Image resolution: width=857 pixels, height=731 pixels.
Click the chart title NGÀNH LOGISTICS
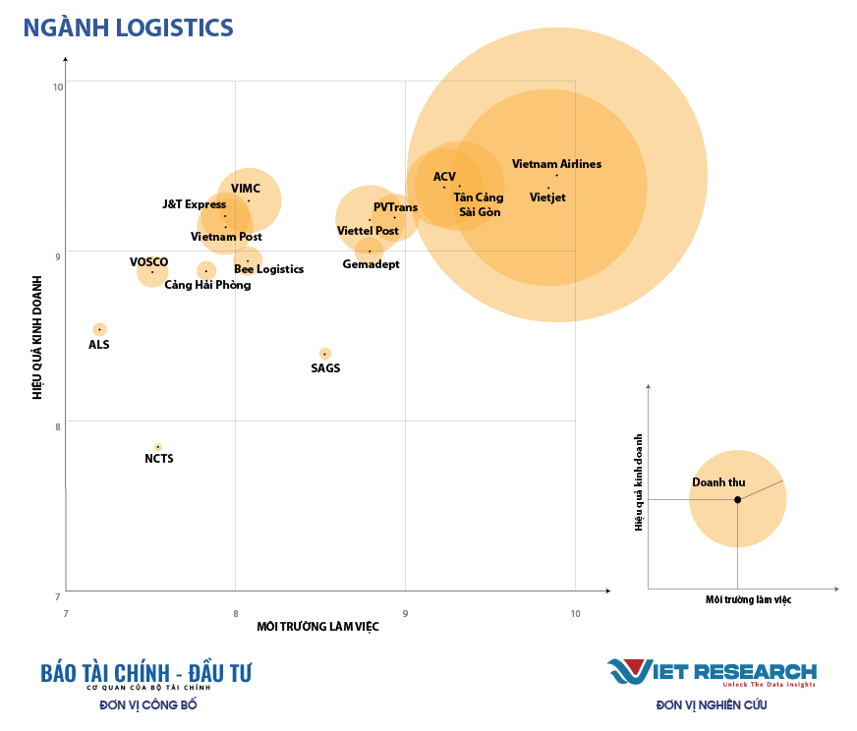128,28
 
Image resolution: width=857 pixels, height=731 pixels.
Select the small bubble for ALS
99,329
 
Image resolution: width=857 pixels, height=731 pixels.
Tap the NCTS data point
157,447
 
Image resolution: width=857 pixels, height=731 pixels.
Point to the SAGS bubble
325,354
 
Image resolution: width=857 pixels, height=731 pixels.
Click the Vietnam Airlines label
556,164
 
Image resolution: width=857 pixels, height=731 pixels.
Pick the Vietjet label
547,197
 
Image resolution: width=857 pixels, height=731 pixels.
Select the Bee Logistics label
268,269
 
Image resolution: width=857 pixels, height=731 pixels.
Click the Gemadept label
371,264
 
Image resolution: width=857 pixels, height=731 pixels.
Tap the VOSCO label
149,262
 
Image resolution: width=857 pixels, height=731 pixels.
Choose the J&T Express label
195,204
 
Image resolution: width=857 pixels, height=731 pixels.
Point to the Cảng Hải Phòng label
207,285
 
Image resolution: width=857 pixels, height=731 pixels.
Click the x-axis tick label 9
406,614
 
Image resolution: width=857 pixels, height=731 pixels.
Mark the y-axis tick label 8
58,426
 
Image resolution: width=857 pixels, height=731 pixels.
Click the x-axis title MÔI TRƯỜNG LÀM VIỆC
317,627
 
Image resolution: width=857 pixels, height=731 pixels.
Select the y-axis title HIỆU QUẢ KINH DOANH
37,337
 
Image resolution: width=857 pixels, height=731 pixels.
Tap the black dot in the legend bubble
737,499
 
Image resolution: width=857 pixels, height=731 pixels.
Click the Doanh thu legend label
718,482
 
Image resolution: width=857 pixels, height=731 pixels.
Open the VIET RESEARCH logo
712,673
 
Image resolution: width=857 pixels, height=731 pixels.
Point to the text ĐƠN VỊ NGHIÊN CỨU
712,704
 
